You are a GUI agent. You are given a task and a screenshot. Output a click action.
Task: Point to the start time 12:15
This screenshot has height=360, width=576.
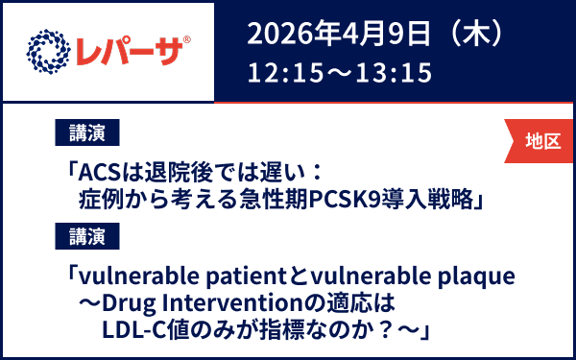[278, 72]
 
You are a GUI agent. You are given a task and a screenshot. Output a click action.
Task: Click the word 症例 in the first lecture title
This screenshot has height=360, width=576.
[111, 200]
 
